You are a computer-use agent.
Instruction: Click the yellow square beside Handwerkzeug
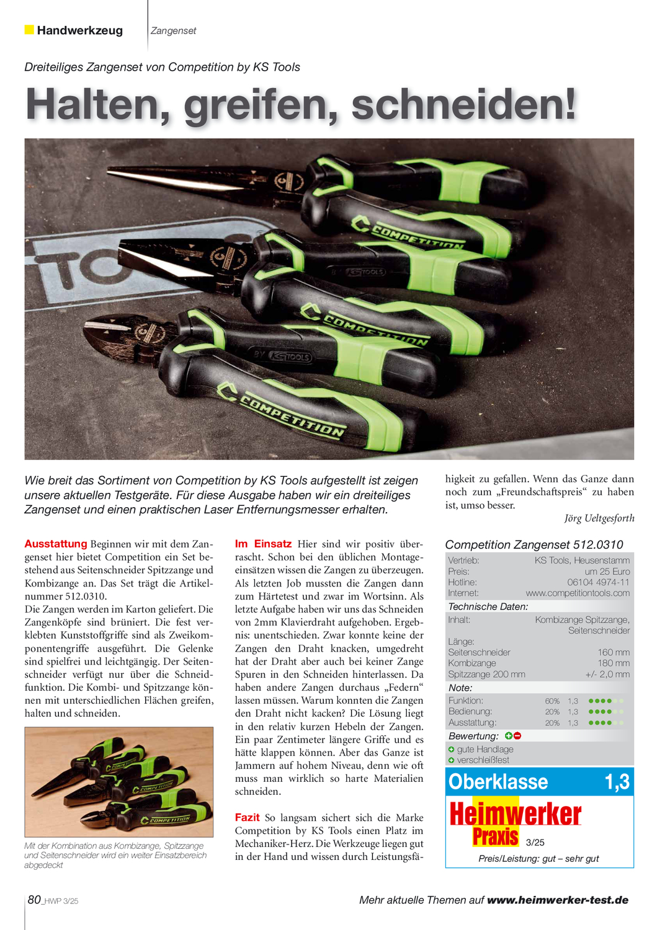click(29, 30)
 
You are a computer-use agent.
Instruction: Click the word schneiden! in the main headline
click(464, 105)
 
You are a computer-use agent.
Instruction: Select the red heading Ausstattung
click(56, 544)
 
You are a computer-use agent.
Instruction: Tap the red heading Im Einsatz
click(263, 544)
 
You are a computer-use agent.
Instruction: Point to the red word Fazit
click(247, 817)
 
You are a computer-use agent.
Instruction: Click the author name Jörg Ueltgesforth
click(599, 518)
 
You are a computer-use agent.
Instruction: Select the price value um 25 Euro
click(607, 571)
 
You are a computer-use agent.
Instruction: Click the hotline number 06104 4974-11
click(598, 582)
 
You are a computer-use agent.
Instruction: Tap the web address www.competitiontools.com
click(578, 593)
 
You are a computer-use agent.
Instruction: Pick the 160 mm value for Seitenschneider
click(614, 652)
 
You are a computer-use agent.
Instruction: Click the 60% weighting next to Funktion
click(552, 701)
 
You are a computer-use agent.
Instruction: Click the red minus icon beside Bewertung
click(517, 736)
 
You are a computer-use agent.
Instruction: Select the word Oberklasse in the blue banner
click(498, 782)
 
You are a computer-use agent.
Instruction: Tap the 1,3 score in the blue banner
click(617, 782)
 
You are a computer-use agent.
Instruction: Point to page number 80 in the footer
click(35, 900)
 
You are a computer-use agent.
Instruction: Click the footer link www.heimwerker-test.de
click(558, 900)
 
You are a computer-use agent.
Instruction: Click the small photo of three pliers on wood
click(118, 782)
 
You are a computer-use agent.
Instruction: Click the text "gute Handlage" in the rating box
click(485, 749)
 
